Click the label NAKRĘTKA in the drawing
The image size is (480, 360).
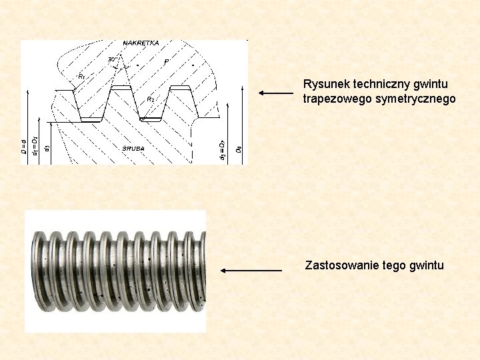(141, 43)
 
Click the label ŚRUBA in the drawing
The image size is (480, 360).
(133, 148)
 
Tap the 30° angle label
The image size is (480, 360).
(113, 59)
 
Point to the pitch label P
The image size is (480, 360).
(165, 62)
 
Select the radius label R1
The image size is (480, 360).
(81, 77)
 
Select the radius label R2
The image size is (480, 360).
(150, 99)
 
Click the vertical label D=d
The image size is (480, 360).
(24, 147)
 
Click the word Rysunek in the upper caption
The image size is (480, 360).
(324, 85)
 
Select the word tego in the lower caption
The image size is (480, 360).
(395, 265)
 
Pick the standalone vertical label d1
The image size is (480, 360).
(46, 147)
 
